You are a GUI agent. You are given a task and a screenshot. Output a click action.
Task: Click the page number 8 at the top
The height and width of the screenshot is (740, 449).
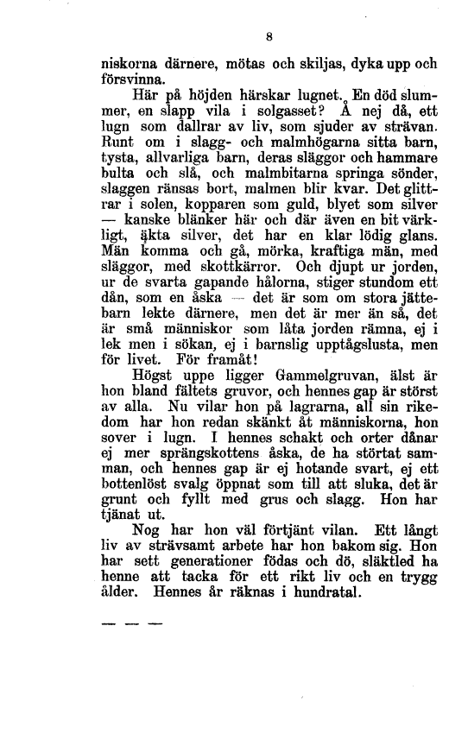click(x=270, y=37)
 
